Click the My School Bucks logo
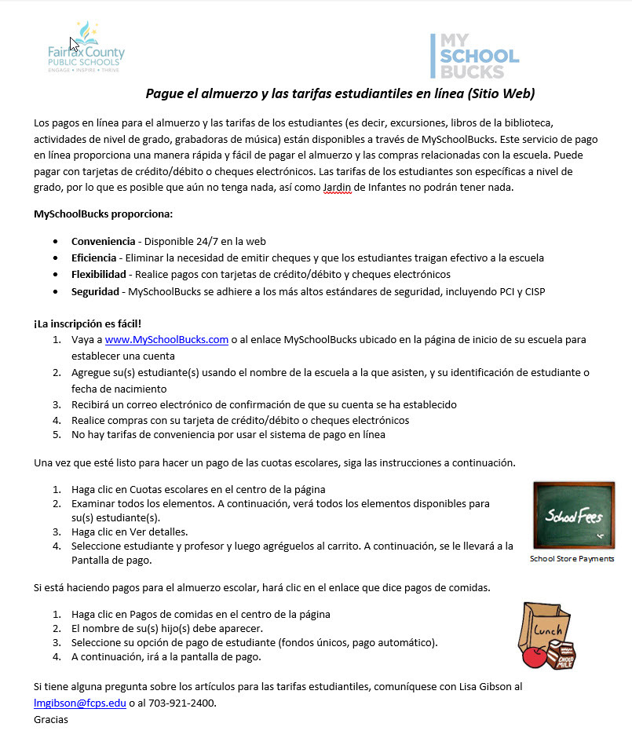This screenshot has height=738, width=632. pos(474,56)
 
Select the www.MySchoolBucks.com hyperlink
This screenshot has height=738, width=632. pos(166,339)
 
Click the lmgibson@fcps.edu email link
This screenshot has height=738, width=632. pos(80,703)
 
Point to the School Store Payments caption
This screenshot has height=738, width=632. pos(572,559)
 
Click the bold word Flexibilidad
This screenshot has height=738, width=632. pos(99,274)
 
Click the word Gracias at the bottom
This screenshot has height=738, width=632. pos(51,719)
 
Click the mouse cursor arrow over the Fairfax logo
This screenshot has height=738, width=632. pos(74,43)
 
